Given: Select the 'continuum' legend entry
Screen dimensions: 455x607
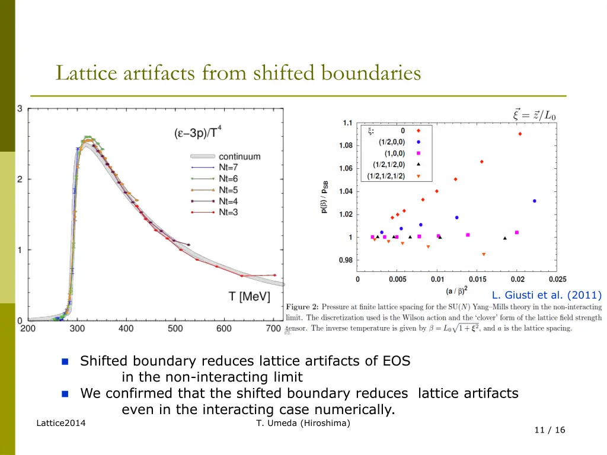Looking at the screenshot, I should click(239, 156).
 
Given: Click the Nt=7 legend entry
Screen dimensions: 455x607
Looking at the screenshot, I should click(228, 168).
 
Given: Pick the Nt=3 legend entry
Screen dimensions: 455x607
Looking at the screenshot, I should click(228, 212).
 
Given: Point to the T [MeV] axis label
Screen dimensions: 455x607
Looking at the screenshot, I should click(250, 296).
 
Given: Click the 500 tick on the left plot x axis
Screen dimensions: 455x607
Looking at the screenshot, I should click(175, 328).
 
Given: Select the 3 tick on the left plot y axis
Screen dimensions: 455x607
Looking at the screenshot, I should click(20, 108).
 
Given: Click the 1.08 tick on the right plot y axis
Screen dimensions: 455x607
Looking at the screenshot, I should click(346, 146).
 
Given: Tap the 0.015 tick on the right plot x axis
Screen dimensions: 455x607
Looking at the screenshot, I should click(477, 280).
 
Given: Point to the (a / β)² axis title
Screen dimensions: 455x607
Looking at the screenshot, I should click(458, 291).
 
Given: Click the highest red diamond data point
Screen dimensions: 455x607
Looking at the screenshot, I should click(520, 134).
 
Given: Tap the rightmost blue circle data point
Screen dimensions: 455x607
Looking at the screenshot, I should click(534, 201).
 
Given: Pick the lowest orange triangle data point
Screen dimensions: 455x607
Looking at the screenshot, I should click(484, 254).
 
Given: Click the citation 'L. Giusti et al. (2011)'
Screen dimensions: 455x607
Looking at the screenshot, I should click(546, 295).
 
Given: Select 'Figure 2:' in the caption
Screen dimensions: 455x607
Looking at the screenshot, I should click(303, 307).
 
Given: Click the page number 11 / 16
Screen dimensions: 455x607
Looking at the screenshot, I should click(550, 430).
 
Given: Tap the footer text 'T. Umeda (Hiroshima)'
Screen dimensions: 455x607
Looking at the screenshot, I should click(303, 422).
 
